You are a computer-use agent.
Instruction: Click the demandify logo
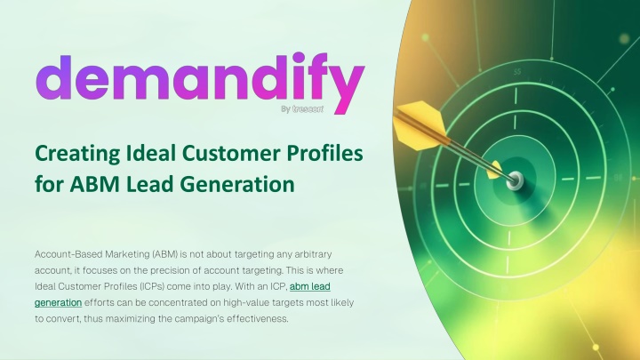point(200,83)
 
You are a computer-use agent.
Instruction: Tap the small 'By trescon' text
point(302,109)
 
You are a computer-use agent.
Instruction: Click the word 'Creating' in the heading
point(77,155)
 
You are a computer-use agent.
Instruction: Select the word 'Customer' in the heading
point(231,154)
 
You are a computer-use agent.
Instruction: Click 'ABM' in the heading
point(95,184)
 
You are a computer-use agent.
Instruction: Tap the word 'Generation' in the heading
point(237,184)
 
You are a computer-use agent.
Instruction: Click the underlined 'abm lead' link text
point(310,286)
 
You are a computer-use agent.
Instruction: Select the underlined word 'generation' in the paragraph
point(59,303)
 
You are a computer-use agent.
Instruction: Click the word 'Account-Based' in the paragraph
point(68,254)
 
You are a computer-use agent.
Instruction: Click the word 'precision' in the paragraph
point(168,270)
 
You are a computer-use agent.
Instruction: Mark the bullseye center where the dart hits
point(515,180)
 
